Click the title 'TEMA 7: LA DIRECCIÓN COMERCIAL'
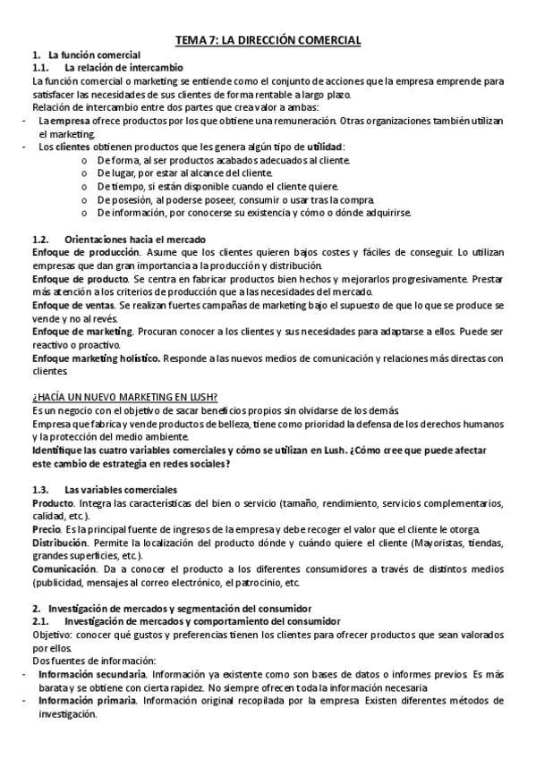click(x=268, y=40)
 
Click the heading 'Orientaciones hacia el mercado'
click(x=135, y=240)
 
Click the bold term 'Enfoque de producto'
click(x=75, y=279)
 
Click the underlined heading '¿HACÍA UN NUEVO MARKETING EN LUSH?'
click(x=125, y=397)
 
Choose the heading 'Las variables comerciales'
click(x=121, y=490)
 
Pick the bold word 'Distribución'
click(x=60, y=543)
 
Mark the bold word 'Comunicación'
click(x=63, y=568)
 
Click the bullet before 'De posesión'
click(x=83, y=199)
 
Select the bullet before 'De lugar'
click(x=83, y=173)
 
